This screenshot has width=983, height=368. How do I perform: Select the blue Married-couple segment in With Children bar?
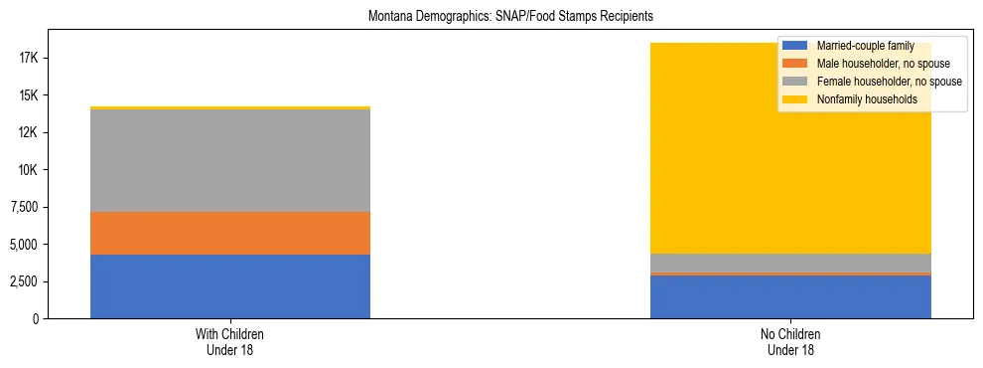point(230,286)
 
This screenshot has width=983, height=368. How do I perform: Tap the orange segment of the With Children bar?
point(230,233)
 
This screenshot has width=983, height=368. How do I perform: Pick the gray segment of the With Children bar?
point(230,160)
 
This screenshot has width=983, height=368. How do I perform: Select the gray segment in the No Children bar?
point(790,263)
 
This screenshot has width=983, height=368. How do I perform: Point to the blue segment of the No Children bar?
point(790,296)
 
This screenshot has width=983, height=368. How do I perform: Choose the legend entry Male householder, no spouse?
point(882,64)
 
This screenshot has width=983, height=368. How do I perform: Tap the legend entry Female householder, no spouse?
point(888,82)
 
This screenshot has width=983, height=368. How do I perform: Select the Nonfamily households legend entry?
point(866,99)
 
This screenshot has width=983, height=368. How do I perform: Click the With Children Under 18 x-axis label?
point(230,342)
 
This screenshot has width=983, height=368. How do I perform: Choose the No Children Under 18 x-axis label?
point(790,342)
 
